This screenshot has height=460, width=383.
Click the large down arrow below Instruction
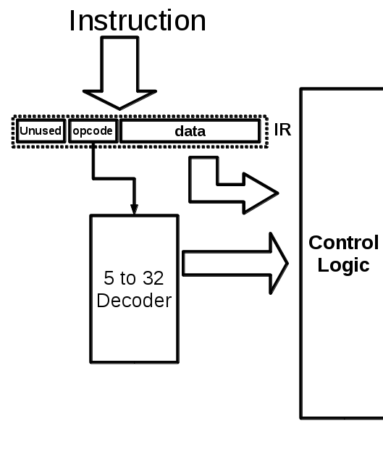120,72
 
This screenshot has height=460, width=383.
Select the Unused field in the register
41,131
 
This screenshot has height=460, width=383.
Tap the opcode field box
93,131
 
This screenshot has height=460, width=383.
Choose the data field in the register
190,131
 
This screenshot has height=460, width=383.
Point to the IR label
282,131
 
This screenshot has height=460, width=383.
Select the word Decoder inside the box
134,301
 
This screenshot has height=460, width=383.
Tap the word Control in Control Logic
343,243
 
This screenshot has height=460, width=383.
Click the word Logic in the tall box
343,265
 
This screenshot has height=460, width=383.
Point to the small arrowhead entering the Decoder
134,209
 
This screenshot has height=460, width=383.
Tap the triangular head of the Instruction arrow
120,99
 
